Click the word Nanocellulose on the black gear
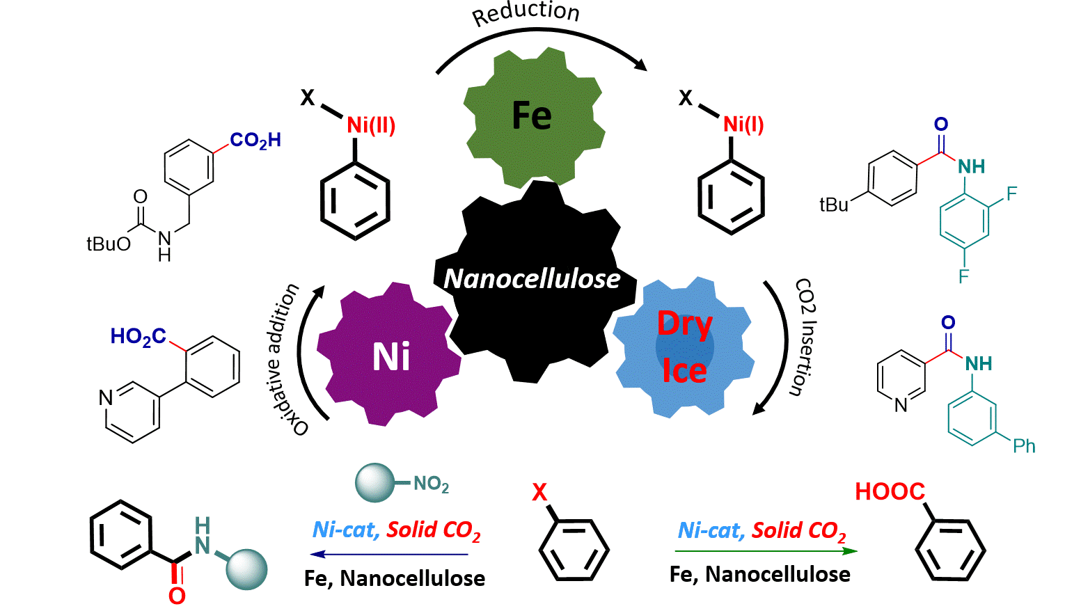click(x=532, y=278)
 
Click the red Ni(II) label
click(x=371, y=125)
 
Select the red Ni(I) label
click(x=743, y=125)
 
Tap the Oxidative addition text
click(x=284, y=358)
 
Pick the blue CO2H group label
click(x=255, y=141)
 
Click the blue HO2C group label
click(x=138, y=338)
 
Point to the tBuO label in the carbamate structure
click(x=108, y=244)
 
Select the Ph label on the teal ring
click(x=1024, y=446)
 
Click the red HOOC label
click(x=890, y=492)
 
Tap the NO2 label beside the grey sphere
click(x=431, y=484)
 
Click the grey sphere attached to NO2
click(x=374, y=483)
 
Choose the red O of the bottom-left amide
click(x=177, y=596)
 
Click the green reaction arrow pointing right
click(x=766, y=551)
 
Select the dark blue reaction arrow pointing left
click(x=390, y=555)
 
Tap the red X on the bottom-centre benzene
click(x=539, y=493)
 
